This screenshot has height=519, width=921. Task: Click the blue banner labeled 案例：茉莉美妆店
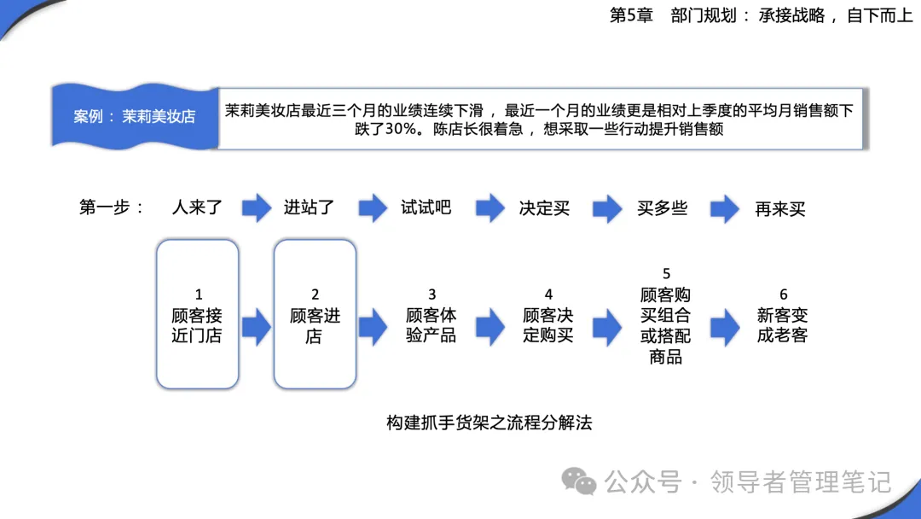135,116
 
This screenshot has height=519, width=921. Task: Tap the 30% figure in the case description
401,129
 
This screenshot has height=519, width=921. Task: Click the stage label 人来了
197,207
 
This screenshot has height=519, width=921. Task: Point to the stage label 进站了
309,207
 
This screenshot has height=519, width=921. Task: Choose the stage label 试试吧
426,207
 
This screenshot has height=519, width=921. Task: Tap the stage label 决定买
544,208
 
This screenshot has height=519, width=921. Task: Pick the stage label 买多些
662,208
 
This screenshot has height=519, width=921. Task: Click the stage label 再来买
780,208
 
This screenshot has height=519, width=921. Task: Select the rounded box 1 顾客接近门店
197,314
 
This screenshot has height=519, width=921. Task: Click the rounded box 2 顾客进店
315,314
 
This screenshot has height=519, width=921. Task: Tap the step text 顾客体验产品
432,325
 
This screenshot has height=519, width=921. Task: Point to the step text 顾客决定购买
548,325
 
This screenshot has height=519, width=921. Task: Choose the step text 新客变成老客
782,325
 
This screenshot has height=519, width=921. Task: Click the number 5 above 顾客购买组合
666,274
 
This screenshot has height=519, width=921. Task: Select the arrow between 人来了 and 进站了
257,207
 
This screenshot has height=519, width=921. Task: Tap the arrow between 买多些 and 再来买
725,208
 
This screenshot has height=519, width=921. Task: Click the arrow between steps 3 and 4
489,327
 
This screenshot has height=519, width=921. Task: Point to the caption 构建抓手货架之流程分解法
489,423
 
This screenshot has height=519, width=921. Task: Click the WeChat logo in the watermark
578,481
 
